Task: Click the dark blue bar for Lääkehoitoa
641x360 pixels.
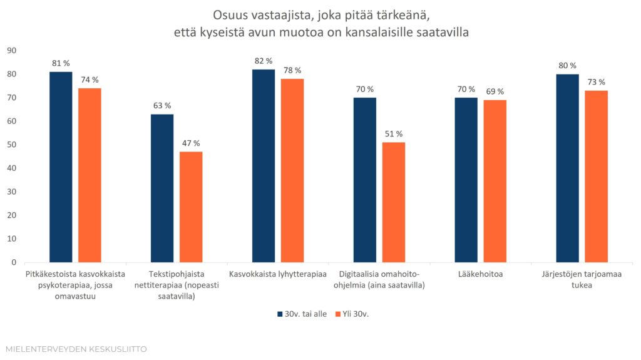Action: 466,180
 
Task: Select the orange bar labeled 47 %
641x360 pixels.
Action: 191,207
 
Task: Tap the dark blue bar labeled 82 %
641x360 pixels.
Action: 264,166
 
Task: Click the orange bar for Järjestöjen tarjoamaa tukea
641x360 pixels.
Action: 597,177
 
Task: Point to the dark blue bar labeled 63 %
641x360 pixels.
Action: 162,188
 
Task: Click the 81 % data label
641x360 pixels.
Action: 61,63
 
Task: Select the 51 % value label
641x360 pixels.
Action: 394,134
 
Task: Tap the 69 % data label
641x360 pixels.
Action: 495,91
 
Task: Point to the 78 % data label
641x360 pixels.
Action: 292,70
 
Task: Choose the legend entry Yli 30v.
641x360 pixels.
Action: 352,314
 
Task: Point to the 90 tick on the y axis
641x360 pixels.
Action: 11,51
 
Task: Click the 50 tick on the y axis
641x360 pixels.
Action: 11,145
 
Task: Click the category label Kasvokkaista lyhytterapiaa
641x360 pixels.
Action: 278,274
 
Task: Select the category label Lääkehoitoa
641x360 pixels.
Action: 480,274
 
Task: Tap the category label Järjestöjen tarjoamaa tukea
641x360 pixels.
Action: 582,280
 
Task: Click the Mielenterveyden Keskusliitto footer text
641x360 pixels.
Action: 76,349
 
